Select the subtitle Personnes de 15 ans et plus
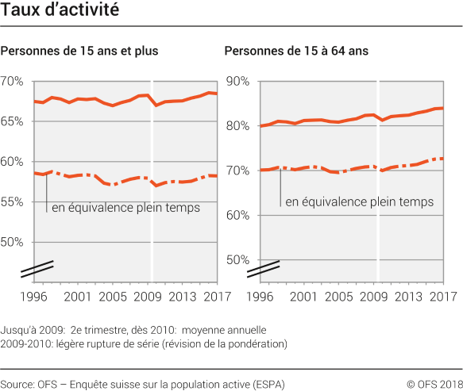(x=80, y=52)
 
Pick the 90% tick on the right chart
(x=238, y=82)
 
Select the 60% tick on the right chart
(x=238, y=215)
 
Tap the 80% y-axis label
(x=238, y=126)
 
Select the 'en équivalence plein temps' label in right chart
(x=357, y=202)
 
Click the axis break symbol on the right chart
(x=262, y=269)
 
